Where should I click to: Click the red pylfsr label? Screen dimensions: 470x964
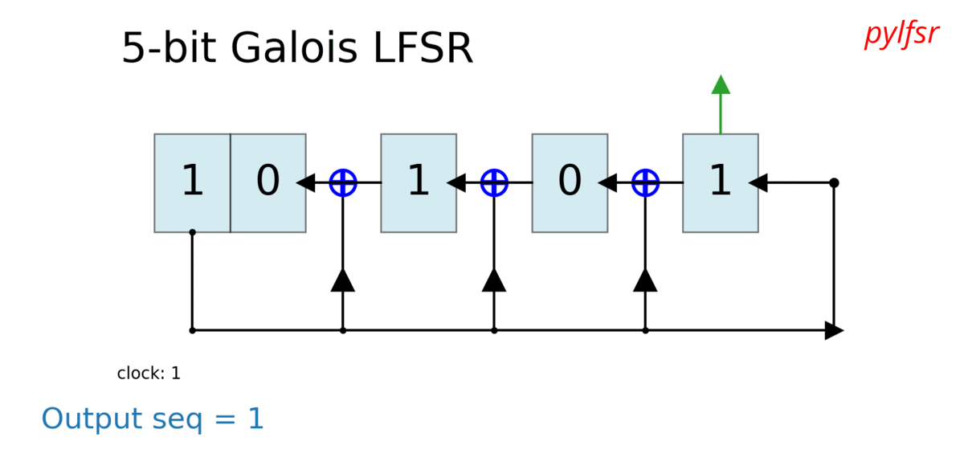point(901,35)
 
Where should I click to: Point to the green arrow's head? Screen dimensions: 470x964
point(721,84)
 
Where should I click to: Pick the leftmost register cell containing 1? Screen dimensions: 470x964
point(192,182)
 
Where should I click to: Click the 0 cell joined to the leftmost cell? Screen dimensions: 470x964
point(268,182)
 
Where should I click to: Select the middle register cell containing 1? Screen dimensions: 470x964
point(419,182)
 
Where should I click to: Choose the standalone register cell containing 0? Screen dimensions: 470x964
point(570,182)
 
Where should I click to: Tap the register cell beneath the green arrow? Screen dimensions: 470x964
point(721,182)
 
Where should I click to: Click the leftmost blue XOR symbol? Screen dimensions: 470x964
point(343,182)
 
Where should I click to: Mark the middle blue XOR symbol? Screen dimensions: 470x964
point(494,182)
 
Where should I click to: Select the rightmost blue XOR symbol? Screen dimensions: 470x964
point(645,182)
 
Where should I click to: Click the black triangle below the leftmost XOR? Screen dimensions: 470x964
point(343,280)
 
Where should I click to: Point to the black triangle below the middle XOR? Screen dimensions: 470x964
point(494,280)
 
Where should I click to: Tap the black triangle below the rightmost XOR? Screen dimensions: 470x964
point(645,280)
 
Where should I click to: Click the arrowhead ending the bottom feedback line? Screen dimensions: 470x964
point(834,330)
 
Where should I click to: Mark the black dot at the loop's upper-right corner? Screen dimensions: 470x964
point(834,182)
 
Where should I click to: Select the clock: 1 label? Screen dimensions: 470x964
point(149,374)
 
